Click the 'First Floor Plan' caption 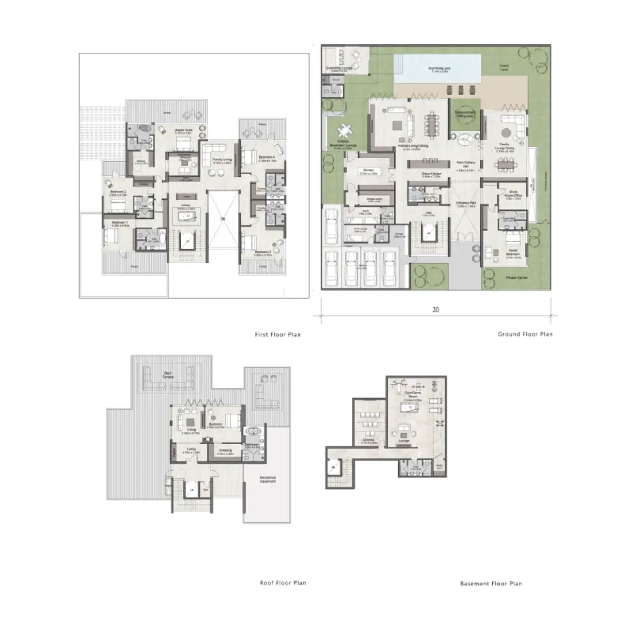278,334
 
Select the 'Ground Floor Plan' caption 525,334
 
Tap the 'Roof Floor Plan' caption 283,583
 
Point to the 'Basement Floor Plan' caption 491,584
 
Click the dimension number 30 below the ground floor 436,310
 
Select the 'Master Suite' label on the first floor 183,131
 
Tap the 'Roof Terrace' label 168,375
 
